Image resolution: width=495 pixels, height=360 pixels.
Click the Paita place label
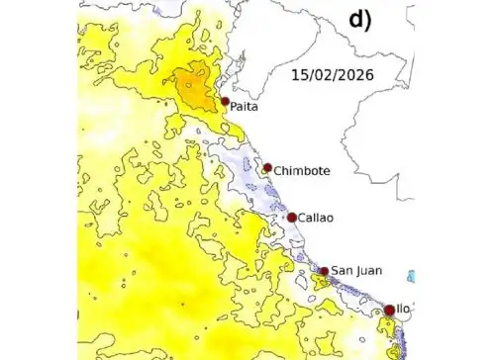245,107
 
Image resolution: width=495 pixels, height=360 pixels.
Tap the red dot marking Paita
226,101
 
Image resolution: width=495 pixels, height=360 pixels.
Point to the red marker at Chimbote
267,167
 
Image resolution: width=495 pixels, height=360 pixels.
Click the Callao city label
317,218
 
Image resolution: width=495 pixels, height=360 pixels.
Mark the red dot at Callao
292,218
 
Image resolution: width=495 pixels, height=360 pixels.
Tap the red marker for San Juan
323,271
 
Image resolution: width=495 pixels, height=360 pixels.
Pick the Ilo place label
403,310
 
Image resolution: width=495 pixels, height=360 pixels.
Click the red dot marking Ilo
389,310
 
